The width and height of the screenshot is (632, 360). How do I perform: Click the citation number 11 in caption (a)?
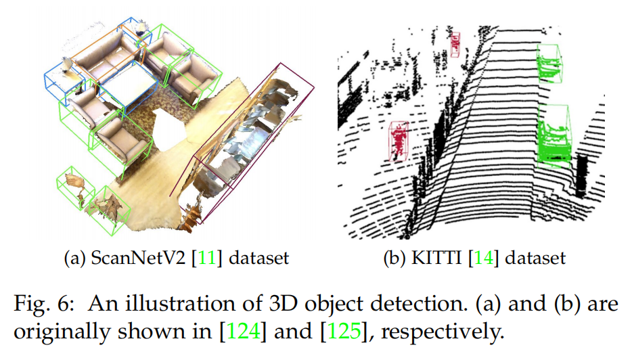click(189, 258)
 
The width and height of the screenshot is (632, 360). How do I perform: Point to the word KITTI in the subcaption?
click(441, 258)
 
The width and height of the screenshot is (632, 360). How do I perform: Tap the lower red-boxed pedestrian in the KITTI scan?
click(400, 140)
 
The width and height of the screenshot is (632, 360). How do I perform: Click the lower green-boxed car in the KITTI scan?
click(555, 137)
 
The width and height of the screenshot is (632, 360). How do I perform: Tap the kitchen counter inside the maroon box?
click(254, 132)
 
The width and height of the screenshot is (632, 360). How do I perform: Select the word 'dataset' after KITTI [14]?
click(537, 258)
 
